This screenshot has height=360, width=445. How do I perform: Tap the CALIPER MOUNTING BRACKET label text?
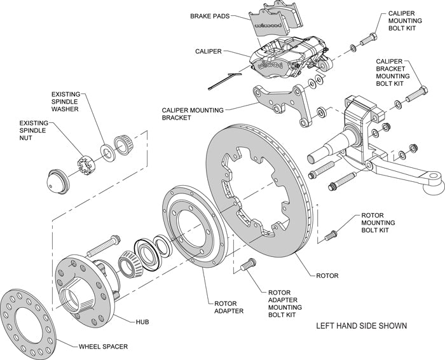[193, 114]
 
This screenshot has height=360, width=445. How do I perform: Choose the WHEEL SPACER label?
[104, 347]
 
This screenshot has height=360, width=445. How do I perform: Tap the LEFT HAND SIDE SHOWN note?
[361, 326]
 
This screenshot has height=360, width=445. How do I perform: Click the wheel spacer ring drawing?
[29, 321]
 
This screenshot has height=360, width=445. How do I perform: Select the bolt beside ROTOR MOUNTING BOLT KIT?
[329, 236]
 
